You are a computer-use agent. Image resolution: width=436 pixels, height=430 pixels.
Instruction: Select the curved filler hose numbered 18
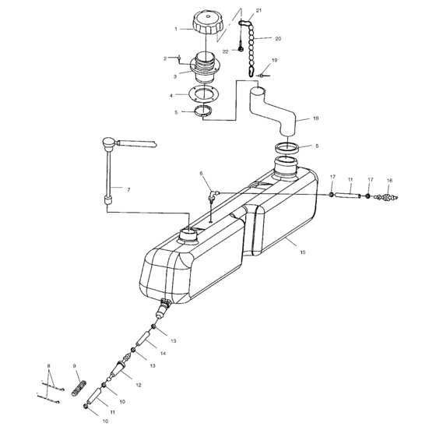[x=273, y=117]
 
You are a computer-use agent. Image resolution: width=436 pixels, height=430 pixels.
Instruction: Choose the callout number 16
[x=390, y=181]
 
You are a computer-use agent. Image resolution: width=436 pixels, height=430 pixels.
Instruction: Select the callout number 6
[x=200, y=173]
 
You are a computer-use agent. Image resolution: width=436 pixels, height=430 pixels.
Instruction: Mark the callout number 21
[x=259, y=10]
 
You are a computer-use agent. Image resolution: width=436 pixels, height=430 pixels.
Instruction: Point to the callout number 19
[x=274, y=60]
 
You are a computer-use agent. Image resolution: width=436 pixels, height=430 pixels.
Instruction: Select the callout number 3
[x=176, y=77]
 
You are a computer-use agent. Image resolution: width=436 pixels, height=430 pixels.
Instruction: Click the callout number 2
[x=165, y=58]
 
